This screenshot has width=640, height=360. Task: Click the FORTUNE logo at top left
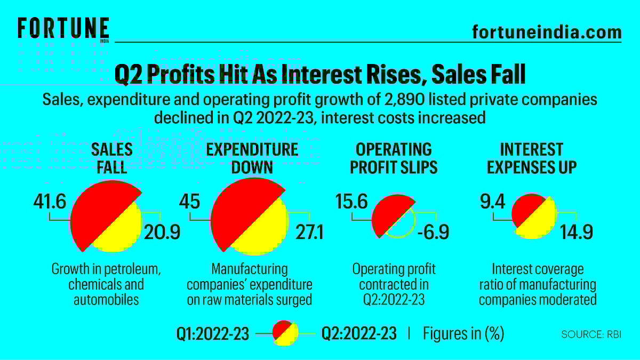click(63, 28)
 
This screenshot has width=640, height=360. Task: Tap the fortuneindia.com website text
click(547, 32)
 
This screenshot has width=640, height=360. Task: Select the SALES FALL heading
click(112, 158)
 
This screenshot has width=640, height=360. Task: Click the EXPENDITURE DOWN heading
click(252, 158)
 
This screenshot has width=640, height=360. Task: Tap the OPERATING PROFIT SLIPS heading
click(394, 158)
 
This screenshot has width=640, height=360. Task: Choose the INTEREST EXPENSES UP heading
click(532, 158)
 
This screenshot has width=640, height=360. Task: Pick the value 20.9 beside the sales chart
click(163, 233)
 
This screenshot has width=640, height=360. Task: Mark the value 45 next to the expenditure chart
click(189, 202)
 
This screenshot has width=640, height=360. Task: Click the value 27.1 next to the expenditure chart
click(305, 233)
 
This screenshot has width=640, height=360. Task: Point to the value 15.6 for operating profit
click(351, 202)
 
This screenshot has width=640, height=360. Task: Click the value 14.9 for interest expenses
click(576, 233)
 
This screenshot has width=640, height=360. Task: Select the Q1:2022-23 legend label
click(213, 334)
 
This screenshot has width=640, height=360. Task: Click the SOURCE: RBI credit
click(591, 334)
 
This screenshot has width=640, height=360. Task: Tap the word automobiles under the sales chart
click(106, 300)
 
